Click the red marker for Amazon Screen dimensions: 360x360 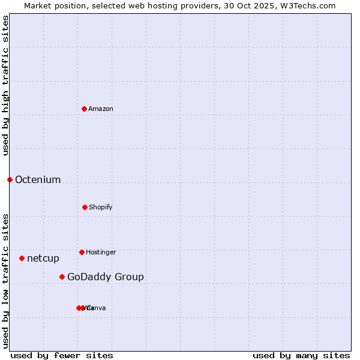[x=84, y=109]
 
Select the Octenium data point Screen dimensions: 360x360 [x=10, y=179]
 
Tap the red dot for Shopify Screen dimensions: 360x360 [x=85, y=207]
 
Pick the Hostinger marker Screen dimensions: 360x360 [x=82, y=252]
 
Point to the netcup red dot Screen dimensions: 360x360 [x=22, y=258]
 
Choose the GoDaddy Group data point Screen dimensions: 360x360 [x=62, y=277]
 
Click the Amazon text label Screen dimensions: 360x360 [x=101, y=109]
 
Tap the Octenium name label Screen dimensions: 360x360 [x=38, y=179]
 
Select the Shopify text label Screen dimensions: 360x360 [x=101, y=207]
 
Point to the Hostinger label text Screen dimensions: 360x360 [x=101, y=252]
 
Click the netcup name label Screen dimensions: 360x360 [x=43, y=258]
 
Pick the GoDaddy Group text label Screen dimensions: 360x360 [x=106, y=277]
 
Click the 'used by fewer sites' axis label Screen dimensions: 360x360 [x=62, y=355]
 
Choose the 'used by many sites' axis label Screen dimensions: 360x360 [x=301, y=355]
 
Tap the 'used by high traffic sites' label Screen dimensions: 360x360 [x=5, y=86]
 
